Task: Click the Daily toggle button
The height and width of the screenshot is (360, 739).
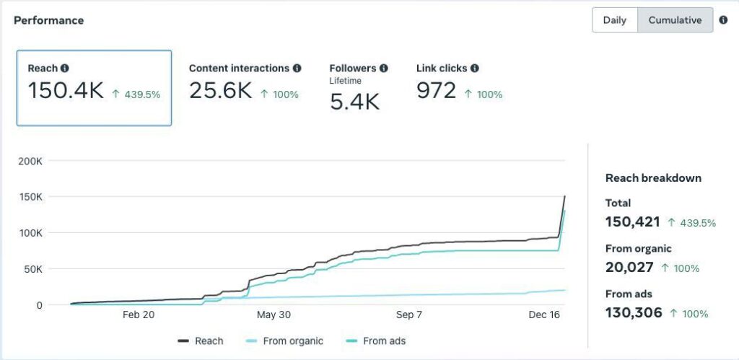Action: tap(614, 20)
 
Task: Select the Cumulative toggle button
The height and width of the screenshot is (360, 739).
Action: tap(675, 20)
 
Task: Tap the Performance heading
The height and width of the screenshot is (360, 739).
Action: tap(48, 20)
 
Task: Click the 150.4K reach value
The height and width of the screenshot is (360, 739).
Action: tap(66, 91)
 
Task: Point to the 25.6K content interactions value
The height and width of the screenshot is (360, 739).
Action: tap(220, 91)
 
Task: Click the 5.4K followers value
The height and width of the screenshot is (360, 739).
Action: tap(354, 101)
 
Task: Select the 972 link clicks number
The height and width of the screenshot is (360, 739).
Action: tap(437, 91)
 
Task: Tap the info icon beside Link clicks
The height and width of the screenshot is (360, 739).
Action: tap(474, 68)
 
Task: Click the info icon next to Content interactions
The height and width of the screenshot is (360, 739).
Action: tap(297, 68)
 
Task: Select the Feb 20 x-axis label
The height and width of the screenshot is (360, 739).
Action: tap(139, 315)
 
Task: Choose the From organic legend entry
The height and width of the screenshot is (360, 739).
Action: tap(285, 341)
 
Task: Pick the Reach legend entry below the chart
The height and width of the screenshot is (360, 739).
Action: tap(201, 341)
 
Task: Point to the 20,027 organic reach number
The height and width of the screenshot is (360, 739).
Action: tap(629, 267)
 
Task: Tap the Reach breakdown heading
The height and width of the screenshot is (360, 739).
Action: tap(653, 177)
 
